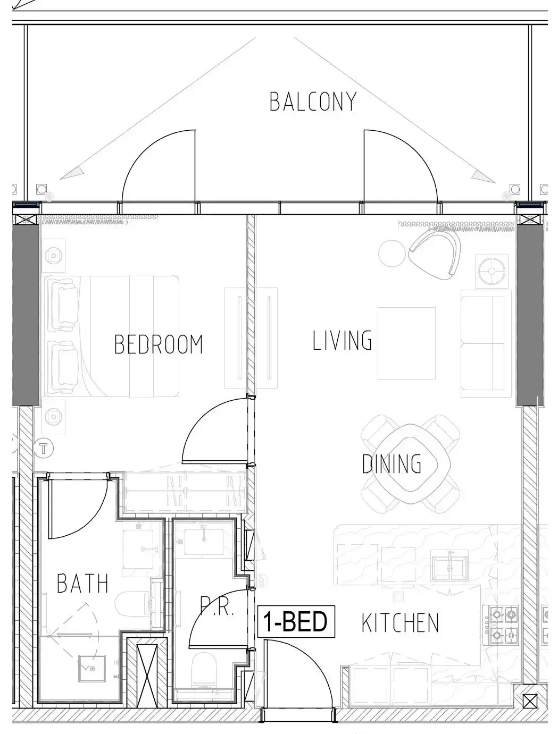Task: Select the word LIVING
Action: click(342, 340)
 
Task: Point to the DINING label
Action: click(392, 463)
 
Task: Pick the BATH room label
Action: click(82, 583)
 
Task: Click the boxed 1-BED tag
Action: click(296, 621)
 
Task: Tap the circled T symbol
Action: click(43, 448)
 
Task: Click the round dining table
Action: click(410, 463)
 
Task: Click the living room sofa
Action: click(486, 343)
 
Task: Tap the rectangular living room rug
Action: click(406, 343)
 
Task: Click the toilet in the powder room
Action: click(203, 669)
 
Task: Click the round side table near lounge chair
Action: click(393, 253)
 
